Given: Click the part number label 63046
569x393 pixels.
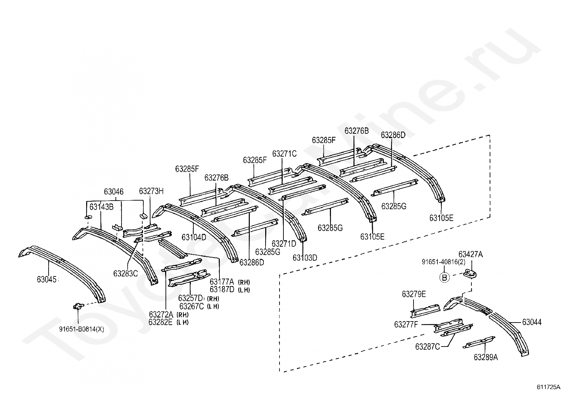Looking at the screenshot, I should click(114, 192).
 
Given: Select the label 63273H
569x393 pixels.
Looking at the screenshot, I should click(151, 191).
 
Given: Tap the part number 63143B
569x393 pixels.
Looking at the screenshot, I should click(101, 207).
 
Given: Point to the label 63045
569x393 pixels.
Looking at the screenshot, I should click(46, 279).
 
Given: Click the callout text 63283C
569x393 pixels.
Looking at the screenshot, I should click(125, 274).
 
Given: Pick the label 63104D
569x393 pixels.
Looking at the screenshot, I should click(194, 237).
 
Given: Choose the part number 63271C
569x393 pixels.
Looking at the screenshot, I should click(284, 154).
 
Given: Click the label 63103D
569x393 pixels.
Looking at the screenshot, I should click(305, 257).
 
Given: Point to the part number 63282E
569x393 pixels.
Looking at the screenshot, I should click(161, 322).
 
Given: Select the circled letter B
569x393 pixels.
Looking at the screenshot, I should click(444, 277).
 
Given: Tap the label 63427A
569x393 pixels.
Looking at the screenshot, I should click(470, 254).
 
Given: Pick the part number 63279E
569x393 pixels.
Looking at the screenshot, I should click(414, 294).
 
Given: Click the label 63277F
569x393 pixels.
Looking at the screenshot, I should click(406, 324).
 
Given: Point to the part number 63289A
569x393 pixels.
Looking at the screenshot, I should click(486, 357).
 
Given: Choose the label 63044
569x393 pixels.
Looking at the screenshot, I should click(532, 322).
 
